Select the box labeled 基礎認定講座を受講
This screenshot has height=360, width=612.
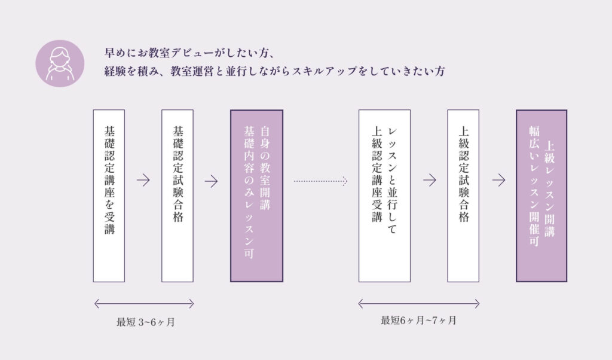tap(109, 196)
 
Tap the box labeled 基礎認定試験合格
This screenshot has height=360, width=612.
tap(178, 196)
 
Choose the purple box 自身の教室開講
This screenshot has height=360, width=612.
tap(256, 196)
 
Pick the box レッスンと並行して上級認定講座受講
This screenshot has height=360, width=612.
tap(384, 196)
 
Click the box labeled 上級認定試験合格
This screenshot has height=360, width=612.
tap(463, 196)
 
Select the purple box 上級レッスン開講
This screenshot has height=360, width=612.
tap(541, 196)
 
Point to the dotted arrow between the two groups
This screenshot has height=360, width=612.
tap(320, 179)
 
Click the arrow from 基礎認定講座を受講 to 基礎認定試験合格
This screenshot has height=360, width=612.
tap(143, 181)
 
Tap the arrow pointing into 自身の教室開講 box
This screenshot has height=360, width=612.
tap(211, 181)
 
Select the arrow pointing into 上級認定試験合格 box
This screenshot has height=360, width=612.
tap(429, 180)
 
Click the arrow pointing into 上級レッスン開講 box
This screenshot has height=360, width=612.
tap(498, 180)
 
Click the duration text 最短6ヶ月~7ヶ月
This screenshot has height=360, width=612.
tap(418, 320)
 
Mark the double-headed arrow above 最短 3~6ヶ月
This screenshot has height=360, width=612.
tap(143, 304)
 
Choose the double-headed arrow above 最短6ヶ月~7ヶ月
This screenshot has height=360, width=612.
tap(418, 303)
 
